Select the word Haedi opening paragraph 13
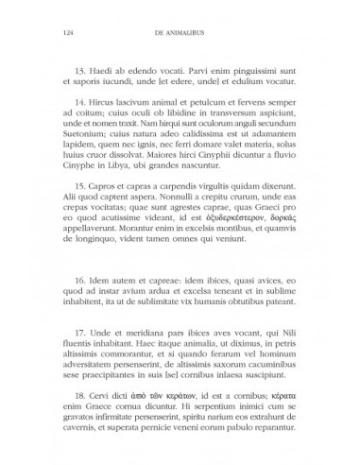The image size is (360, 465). (x=100, y=71)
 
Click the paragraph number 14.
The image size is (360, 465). (x=81, y=112)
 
